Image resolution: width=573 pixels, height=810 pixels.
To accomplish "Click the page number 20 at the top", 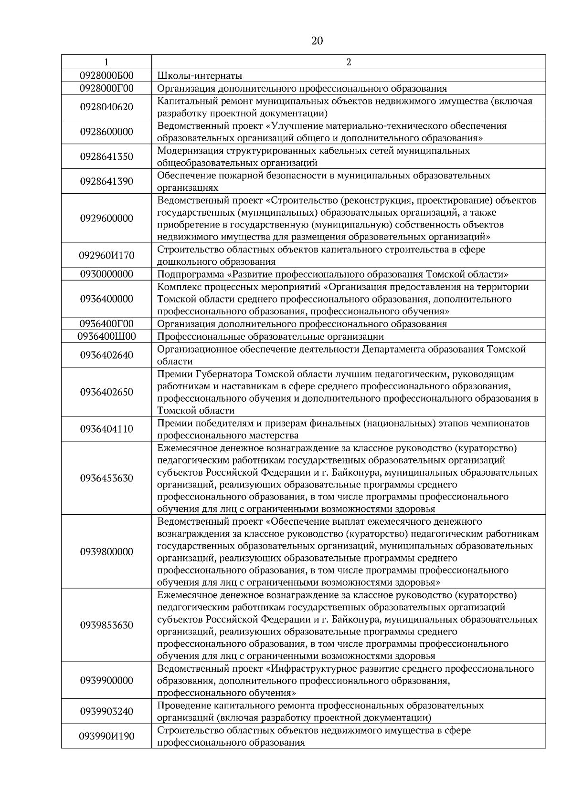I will tap(317, 41).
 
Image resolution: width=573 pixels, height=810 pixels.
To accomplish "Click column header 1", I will tap(106, 62).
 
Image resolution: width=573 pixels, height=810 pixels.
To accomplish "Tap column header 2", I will tap(349, 62).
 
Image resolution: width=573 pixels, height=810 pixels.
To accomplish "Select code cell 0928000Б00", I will tap(106, 75).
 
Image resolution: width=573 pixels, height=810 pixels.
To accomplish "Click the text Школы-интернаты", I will tap(200, 75).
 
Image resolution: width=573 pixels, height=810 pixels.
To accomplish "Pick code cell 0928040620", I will tap(106, 107).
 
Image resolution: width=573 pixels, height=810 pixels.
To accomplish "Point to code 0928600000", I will tap(106, 132).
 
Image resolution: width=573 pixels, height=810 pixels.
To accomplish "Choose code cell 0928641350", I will tap(106, 156).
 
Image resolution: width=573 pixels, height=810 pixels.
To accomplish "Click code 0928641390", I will tap(106, 181).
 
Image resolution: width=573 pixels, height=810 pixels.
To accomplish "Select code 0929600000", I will tap(106, 218).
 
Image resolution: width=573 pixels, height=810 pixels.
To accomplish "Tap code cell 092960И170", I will tap(106, 255).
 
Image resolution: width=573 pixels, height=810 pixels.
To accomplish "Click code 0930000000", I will tap(106, 274).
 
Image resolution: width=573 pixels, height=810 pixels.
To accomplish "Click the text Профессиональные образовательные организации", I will tap(270, 336).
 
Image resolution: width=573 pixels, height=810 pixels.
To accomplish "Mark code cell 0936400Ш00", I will tap(106, 336).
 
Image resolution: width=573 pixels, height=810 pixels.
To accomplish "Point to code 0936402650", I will tap(106, 392).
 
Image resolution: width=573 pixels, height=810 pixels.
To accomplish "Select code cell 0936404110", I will tap(106, 429).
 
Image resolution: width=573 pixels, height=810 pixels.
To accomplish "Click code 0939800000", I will tap(106, 552).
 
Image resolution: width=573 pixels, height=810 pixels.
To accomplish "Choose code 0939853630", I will tap(106, 625).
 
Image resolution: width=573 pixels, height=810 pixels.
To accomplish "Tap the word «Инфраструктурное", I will tap(315, 668).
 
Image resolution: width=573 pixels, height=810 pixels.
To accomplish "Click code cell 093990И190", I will tap(106, 736).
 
